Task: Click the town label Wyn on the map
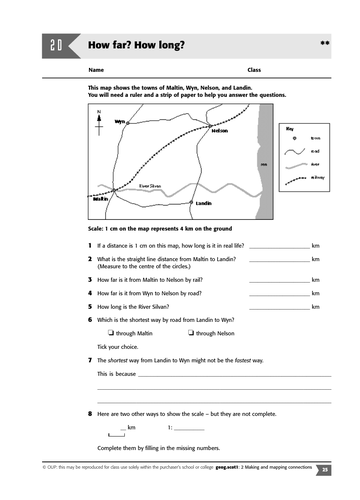(x=119, y=121)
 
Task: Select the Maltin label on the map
(x=100, y=198)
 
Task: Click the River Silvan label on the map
(x=150, y=185)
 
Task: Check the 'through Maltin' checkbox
(x=110, y=332)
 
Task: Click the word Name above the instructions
(x=96, y=71)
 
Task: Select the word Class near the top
(x=254, y=71)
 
